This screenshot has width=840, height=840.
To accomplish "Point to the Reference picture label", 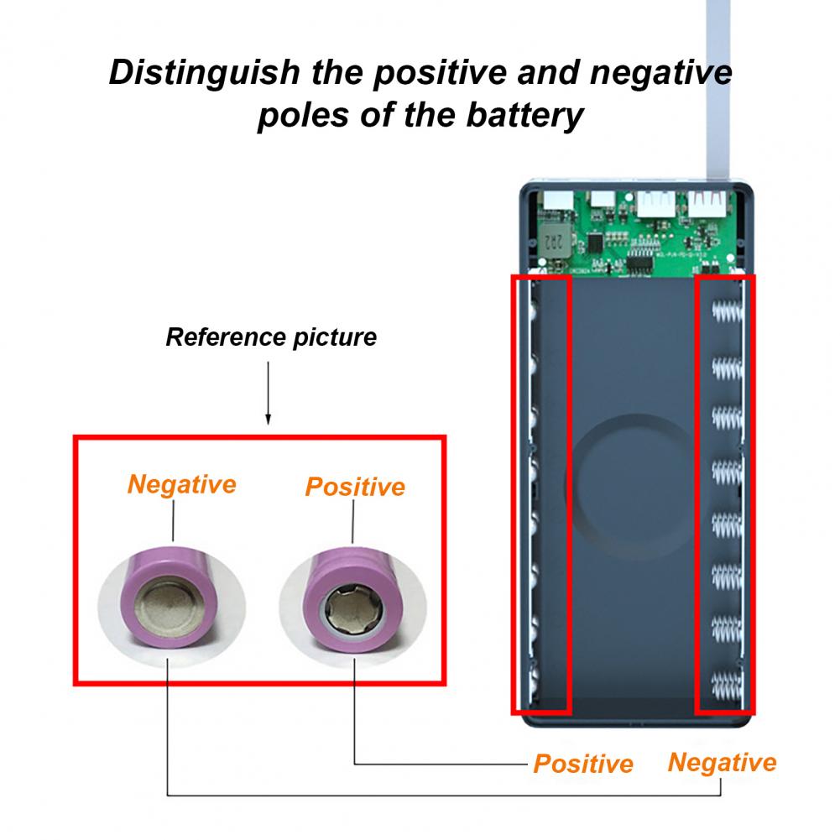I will [271, 337].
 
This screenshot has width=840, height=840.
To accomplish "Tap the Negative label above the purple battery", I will [181, 484].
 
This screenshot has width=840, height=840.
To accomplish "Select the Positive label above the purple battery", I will [355, 487].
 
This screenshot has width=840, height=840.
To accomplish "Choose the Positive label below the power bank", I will [583, 764].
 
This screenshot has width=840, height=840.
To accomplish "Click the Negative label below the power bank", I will [722, 763].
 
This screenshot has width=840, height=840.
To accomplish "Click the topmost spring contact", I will [727, 315].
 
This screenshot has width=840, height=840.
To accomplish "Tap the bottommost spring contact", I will [727, 685].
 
